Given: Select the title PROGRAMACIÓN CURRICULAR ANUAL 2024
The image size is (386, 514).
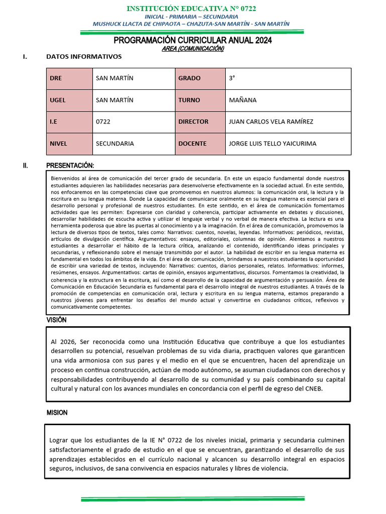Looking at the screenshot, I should tap(192, 41).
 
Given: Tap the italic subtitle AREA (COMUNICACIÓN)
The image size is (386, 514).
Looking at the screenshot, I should tap(192, 49).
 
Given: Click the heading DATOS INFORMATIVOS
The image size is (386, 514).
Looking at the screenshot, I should tap(83, 57).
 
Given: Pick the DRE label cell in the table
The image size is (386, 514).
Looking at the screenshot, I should tap(68, 78).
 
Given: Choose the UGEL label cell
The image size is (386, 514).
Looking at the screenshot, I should tap(68, 100).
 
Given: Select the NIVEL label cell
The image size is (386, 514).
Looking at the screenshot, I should tap(68, 144).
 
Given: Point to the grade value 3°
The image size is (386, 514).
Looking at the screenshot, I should tap(232, 78).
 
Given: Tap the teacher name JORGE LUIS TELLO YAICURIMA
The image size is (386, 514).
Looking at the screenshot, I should tap(272, 144).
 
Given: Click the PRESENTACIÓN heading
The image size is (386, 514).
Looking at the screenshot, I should tap(70, 166).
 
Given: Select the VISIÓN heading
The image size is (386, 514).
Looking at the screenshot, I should tap(56, 320).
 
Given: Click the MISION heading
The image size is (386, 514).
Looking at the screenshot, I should tap(57, 413).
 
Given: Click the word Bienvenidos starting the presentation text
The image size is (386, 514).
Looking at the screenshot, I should tap(66, 178).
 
